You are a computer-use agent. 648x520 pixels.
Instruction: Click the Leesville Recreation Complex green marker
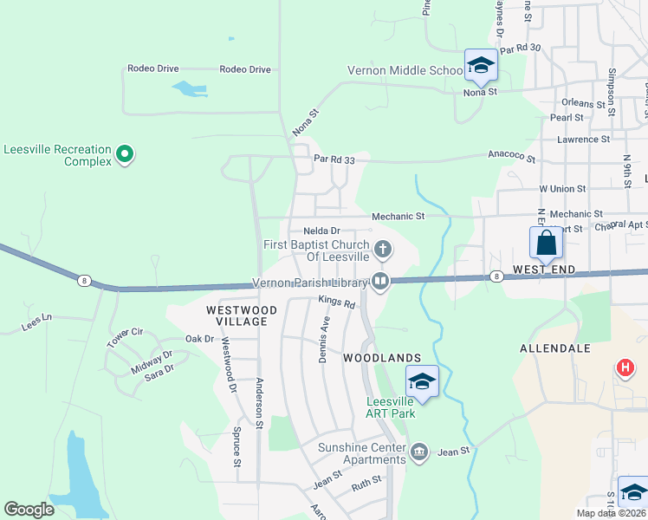[x=125, y=155]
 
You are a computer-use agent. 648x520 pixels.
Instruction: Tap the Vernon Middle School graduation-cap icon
[x=481, y=64]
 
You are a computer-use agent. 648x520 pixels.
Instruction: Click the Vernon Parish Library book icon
[x=380, y=280]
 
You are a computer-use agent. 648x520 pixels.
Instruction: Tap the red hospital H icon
[x=625, y=368]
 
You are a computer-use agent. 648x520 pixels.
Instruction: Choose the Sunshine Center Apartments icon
[x=419, y=451]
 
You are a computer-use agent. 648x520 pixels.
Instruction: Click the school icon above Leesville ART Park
[x=422, y=381]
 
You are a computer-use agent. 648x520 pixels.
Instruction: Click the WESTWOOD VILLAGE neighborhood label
[x=242, y=315]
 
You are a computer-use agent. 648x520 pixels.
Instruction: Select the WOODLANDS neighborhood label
[x=382, y=357]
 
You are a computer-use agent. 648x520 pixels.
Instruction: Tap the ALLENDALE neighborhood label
[x=554, y=348]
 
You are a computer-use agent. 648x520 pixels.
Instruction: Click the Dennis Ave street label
[x=326, y=339]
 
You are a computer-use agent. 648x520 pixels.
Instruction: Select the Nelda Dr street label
[x=321, y=231]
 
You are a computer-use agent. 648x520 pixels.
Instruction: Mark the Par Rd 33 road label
[x=335, y=159]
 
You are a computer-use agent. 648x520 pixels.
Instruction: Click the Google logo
[x=29, y=510]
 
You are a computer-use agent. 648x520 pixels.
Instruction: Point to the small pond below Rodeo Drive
[x=189, y=88]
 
